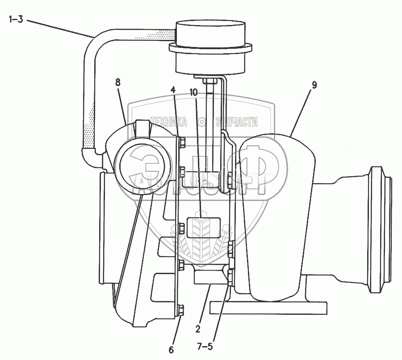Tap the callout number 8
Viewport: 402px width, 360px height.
tap(117, 82)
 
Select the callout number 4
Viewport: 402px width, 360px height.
tap(173, 89)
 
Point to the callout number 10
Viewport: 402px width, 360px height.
tap(193, 92)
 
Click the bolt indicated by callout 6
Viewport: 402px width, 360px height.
tap(181, 309)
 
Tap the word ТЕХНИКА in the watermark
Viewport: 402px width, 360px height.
tap(168, 121)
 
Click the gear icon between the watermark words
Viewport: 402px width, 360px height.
tap(201, 121)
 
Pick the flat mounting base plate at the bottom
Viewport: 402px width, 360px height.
tap(264, 307)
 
